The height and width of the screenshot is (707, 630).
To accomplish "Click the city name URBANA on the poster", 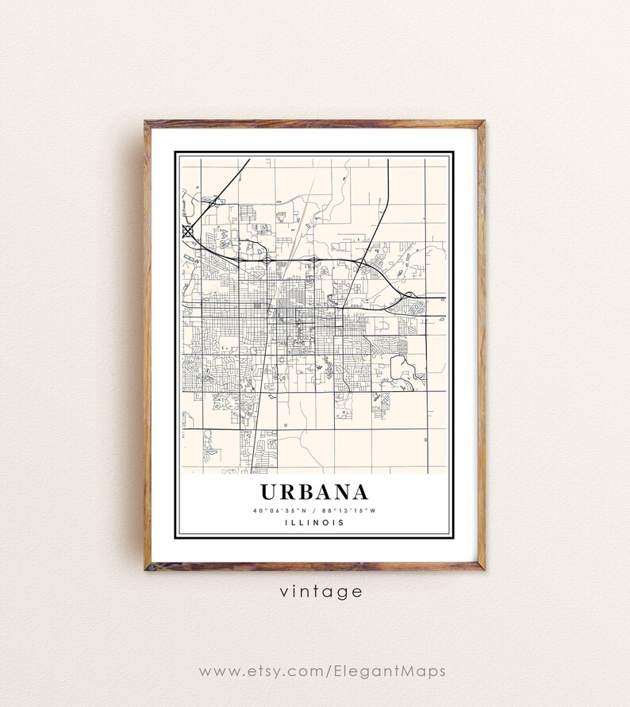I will (x=313, y=492).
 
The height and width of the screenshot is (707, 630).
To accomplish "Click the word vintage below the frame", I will (x=314, y=591).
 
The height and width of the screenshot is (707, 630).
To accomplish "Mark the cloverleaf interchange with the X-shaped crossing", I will (x=188, y=232).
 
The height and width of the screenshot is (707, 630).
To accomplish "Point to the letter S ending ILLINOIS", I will (x=342, y=522).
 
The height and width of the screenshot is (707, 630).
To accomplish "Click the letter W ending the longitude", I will (x=371, y=510).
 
